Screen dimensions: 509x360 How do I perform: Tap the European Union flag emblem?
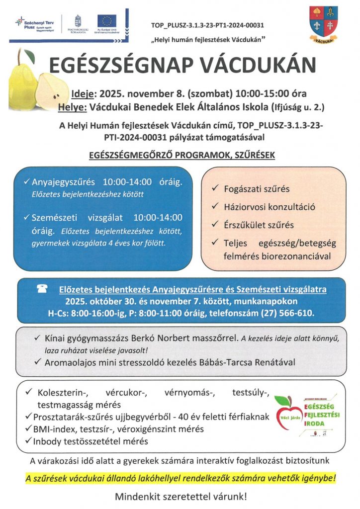(106, 21)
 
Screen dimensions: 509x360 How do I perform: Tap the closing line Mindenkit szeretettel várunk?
(180, 496)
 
